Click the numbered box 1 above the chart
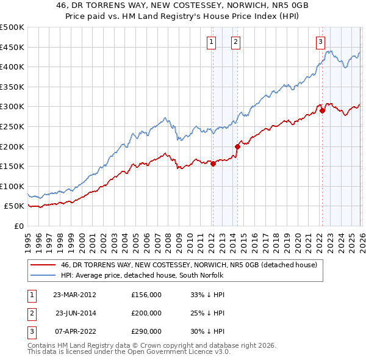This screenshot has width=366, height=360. coord(210,42)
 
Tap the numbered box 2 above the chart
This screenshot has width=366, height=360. coord(235,42)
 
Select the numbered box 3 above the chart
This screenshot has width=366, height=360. coord(320,42)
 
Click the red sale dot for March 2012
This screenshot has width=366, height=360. coord(213,164)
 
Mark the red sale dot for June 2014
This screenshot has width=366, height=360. coord(238,146)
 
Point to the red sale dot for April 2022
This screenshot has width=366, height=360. coord(322,110)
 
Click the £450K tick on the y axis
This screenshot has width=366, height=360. coord(12,47)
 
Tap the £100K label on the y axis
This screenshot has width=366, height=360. coord(12,186)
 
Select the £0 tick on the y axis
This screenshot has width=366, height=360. coord(18,226)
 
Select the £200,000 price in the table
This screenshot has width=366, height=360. coord(146,313)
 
